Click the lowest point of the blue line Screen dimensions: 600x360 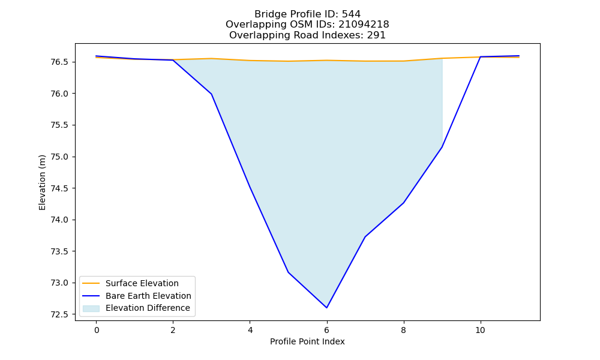point(326,308)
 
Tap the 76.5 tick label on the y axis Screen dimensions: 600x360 point(59,62)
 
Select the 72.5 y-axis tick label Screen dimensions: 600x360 point(59,314)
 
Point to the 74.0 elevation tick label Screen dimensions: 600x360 point(59,220)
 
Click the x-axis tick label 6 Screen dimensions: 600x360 point(326,330)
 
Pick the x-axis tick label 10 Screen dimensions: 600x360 point(480,330)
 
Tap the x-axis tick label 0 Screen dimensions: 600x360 point(97,330)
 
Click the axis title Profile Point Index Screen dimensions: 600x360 point(307,341)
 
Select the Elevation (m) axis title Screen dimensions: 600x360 point(42,182)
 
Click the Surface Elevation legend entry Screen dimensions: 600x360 point(142,283)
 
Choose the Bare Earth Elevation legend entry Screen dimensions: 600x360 point(148,296)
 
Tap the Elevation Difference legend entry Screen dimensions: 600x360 point(148,308)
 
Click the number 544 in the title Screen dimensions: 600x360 point(351,14)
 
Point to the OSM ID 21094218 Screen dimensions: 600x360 point(364,25)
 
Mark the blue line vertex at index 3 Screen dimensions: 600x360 point(211,94)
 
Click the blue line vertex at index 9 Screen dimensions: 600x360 point(442,147)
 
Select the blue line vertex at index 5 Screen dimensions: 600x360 point(288,272)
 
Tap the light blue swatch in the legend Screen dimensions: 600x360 point(91,308)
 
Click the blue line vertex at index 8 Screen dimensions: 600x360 point(403,203)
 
